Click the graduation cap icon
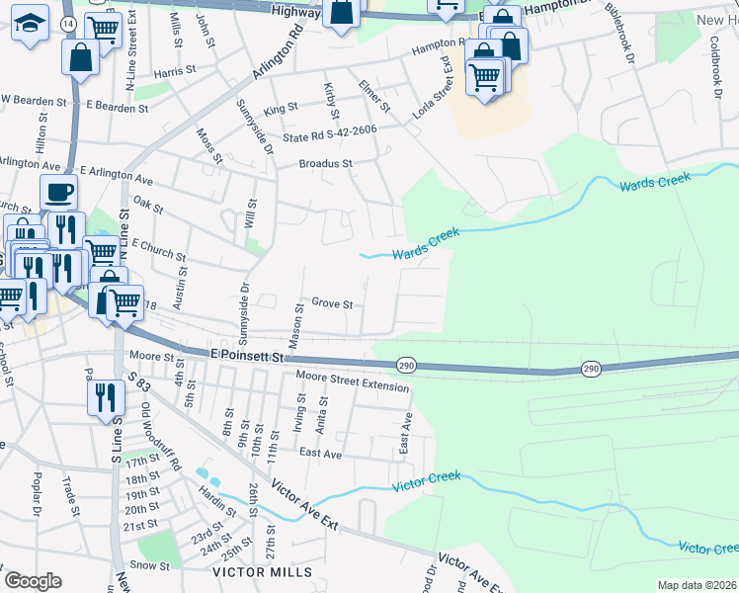(30, 22)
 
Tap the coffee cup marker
(58, 192)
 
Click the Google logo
(33, 581)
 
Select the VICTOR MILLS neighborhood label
(257, 572)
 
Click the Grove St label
(332, 303)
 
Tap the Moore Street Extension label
(353, 381)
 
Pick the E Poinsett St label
(247, 353)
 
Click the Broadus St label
(326, 164)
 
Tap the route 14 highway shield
(66, 22)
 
